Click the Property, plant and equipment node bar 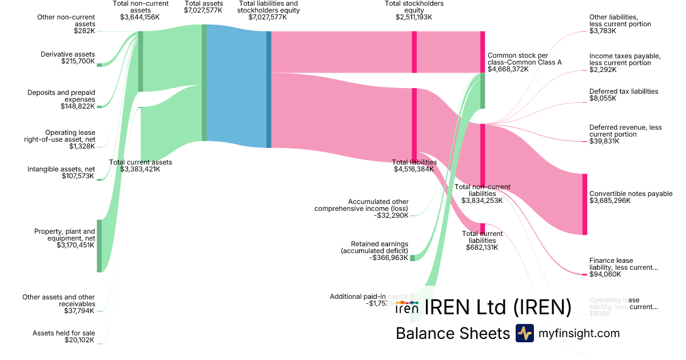[x=99, y=246]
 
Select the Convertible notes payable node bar [x=584, y=204]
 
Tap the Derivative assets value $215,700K [x=78, y=61]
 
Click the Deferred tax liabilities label [x=624, y=91]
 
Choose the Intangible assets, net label [x=61, y=169]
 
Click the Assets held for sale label [x=63, y=333]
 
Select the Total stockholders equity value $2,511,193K [x=414, y=17]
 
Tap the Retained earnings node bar [x=413, y=258]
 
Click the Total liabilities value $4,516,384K [x=415, y=169]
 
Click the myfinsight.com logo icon [x=524, y=333]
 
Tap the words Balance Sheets [x=453, y=333]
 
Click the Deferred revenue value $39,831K [x=604, y=141]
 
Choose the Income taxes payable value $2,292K [x=603, y=70]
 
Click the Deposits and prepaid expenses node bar [x=99, y=106]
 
